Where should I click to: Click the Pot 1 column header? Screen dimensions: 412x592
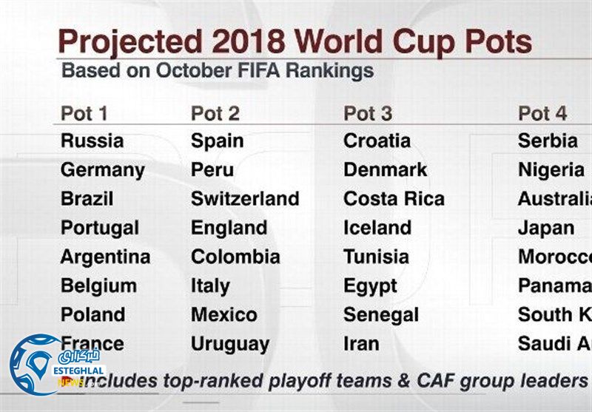[84, 113]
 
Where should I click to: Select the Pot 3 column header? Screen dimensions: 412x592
[368, 113]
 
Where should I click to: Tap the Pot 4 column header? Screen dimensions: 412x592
[542, 113]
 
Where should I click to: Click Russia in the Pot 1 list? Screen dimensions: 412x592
[92, 141]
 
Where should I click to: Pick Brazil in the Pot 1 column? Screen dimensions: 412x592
[87, 199]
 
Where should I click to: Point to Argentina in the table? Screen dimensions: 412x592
[105, 257]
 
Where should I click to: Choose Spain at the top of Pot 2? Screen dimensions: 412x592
[217, 141]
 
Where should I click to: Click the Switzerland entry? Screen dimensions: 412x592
[245, 199]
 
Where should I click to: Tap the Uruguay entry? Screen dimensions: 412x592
[230, 344]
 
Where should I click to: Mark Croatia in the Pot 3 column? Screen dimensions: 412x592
[377, 141]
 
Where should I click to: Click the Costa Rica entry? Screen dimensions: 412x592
[394, 199]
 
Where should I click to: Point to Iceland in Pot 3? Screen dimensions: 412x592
[377, 228]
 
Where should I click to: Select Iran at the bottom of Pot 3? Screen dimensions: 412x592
[361, 344]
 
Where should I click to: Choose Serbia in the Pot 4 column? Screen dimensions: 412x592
[548, 141]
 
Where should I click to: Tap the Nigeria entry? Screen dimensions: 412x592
[551, 170]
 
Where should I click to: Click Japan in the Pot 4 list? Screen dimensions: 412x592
[545, 228]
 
